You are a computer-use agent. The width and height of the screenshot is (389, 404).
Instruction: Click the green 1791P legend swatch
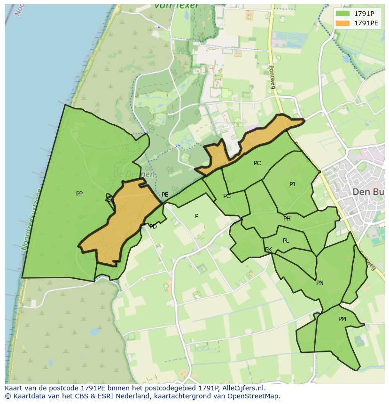pyautogui.click(x=343, y=14)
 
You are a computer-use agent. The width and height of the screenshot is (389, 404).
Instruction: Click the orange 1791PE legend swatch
pyautogui.click(x=343, y=23)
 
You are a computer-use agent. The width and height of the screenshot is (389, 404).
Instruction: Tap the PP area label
pyautogui.click(x=79, y=193)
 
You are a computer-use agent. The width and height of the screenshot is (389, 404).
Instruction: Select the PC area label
pyautogui.click(x=257, y=163)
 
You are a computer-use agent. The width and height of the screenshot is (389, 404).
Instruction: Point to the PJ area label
pyautogui.click(x=292, y=184)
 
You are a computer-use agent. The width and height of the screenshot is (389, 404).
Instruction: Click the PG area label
pyautogui.click(x=227, y=196)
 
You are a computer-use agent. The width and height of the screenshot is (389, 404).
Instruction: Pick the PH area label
pyautogui.click(x=287, y=219)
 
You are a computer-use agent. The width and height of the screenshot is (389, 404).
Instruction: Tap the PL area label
pyautogui.click(x=286, y=241)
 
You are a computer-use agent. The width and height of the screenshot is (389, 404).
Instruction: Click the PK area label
pyautogui.click(x=268, y=250)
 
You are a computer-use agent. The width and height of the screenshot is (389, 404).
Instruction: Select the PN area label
pyautogui.click(x=320, y=283)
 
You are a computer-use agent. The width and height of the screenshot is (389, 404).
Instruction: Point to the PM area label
pyautogui.click(x=342, y=319)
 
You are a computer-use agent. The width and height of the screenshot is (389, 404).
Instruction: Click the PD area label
pyautogui.click(x=153, y=227)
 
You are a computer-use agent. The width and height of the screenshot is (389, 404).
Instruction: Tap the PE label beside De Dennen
pyautogui.click(x=165, y=195)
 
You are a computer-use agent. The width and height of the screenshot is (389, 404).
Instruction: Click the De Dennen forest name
pyautogui.click(x=134, y=174)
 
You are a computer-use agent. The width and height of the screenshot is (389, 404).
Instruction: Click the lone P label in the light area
pyautogui.click(x=197, y=216)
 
